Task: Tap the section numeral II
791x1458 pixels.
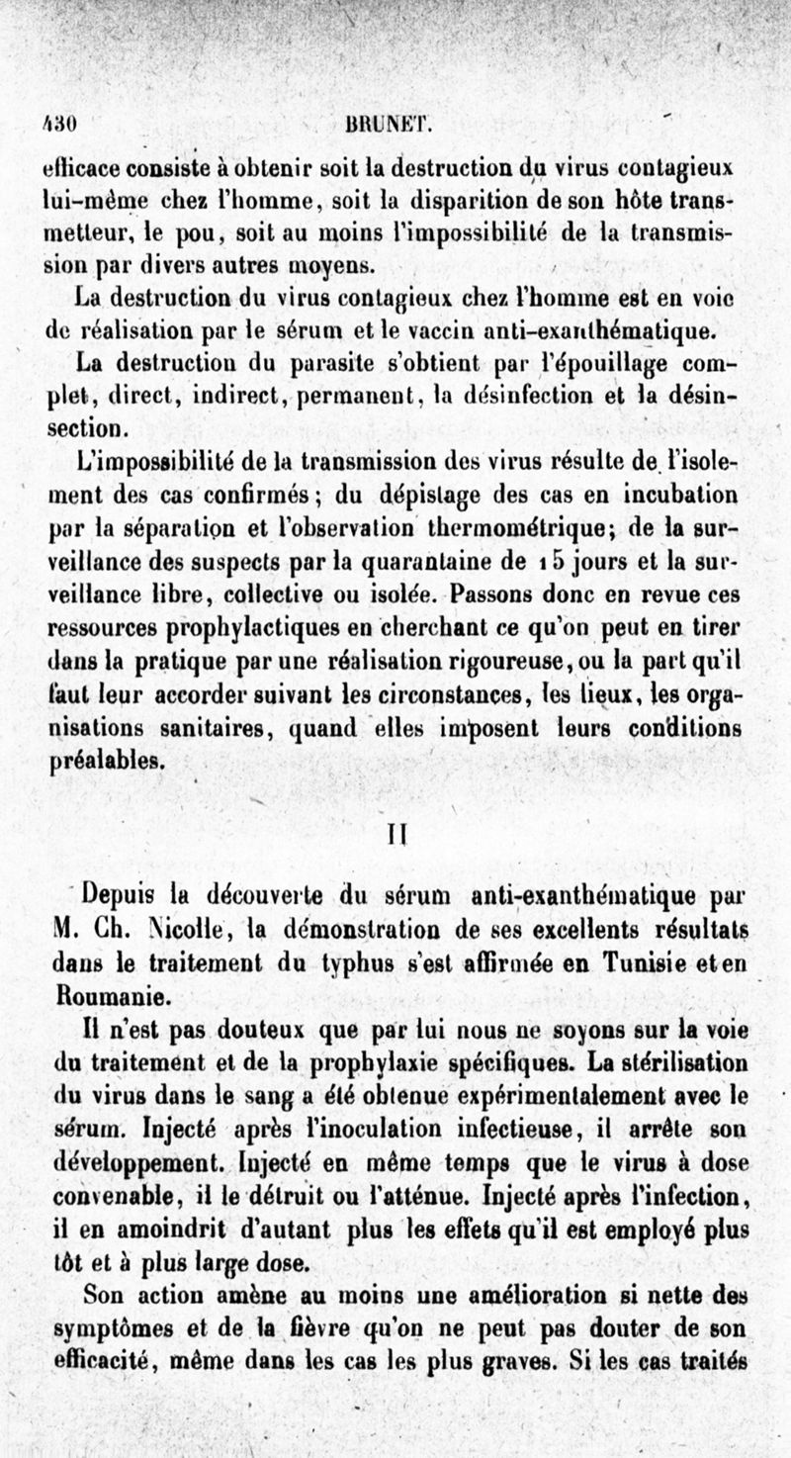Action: (395, 834)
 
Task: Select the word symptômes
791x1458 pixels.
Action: (115, 1324)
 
